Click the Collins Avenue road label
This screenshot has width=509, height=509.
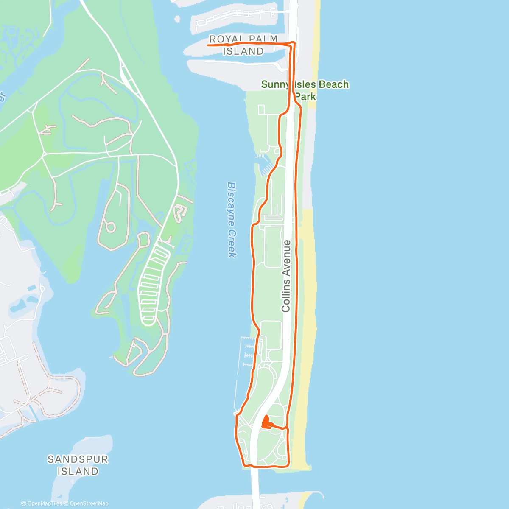[286, 276]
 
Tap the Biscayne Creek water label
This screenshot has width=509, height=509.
[232, 220]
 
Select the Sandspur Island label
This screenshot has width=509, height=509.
[78, 465]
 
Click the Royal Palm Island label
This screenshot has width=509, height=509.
[243, 45]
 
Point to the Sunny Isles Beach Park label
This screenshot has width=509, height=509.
[305, 90]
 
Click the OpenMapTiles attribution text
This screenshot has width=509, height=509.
[42, 503]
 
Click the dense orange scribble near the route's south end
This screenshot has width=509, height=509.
[266, 423]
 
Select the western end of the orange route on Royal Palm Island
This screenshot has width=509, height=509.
[208, 44]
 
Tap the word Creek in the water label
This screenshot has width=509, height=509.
[231, 243]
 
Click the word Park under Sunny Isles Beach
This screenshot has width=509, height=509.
[306, 96]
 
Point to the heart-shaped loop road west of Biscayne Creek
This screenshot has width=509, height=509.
[180, 212]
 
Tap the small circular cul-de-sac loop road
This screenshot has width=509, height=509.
[110, 227]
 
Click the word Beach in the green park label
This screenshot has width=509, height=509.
[333, 84]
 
